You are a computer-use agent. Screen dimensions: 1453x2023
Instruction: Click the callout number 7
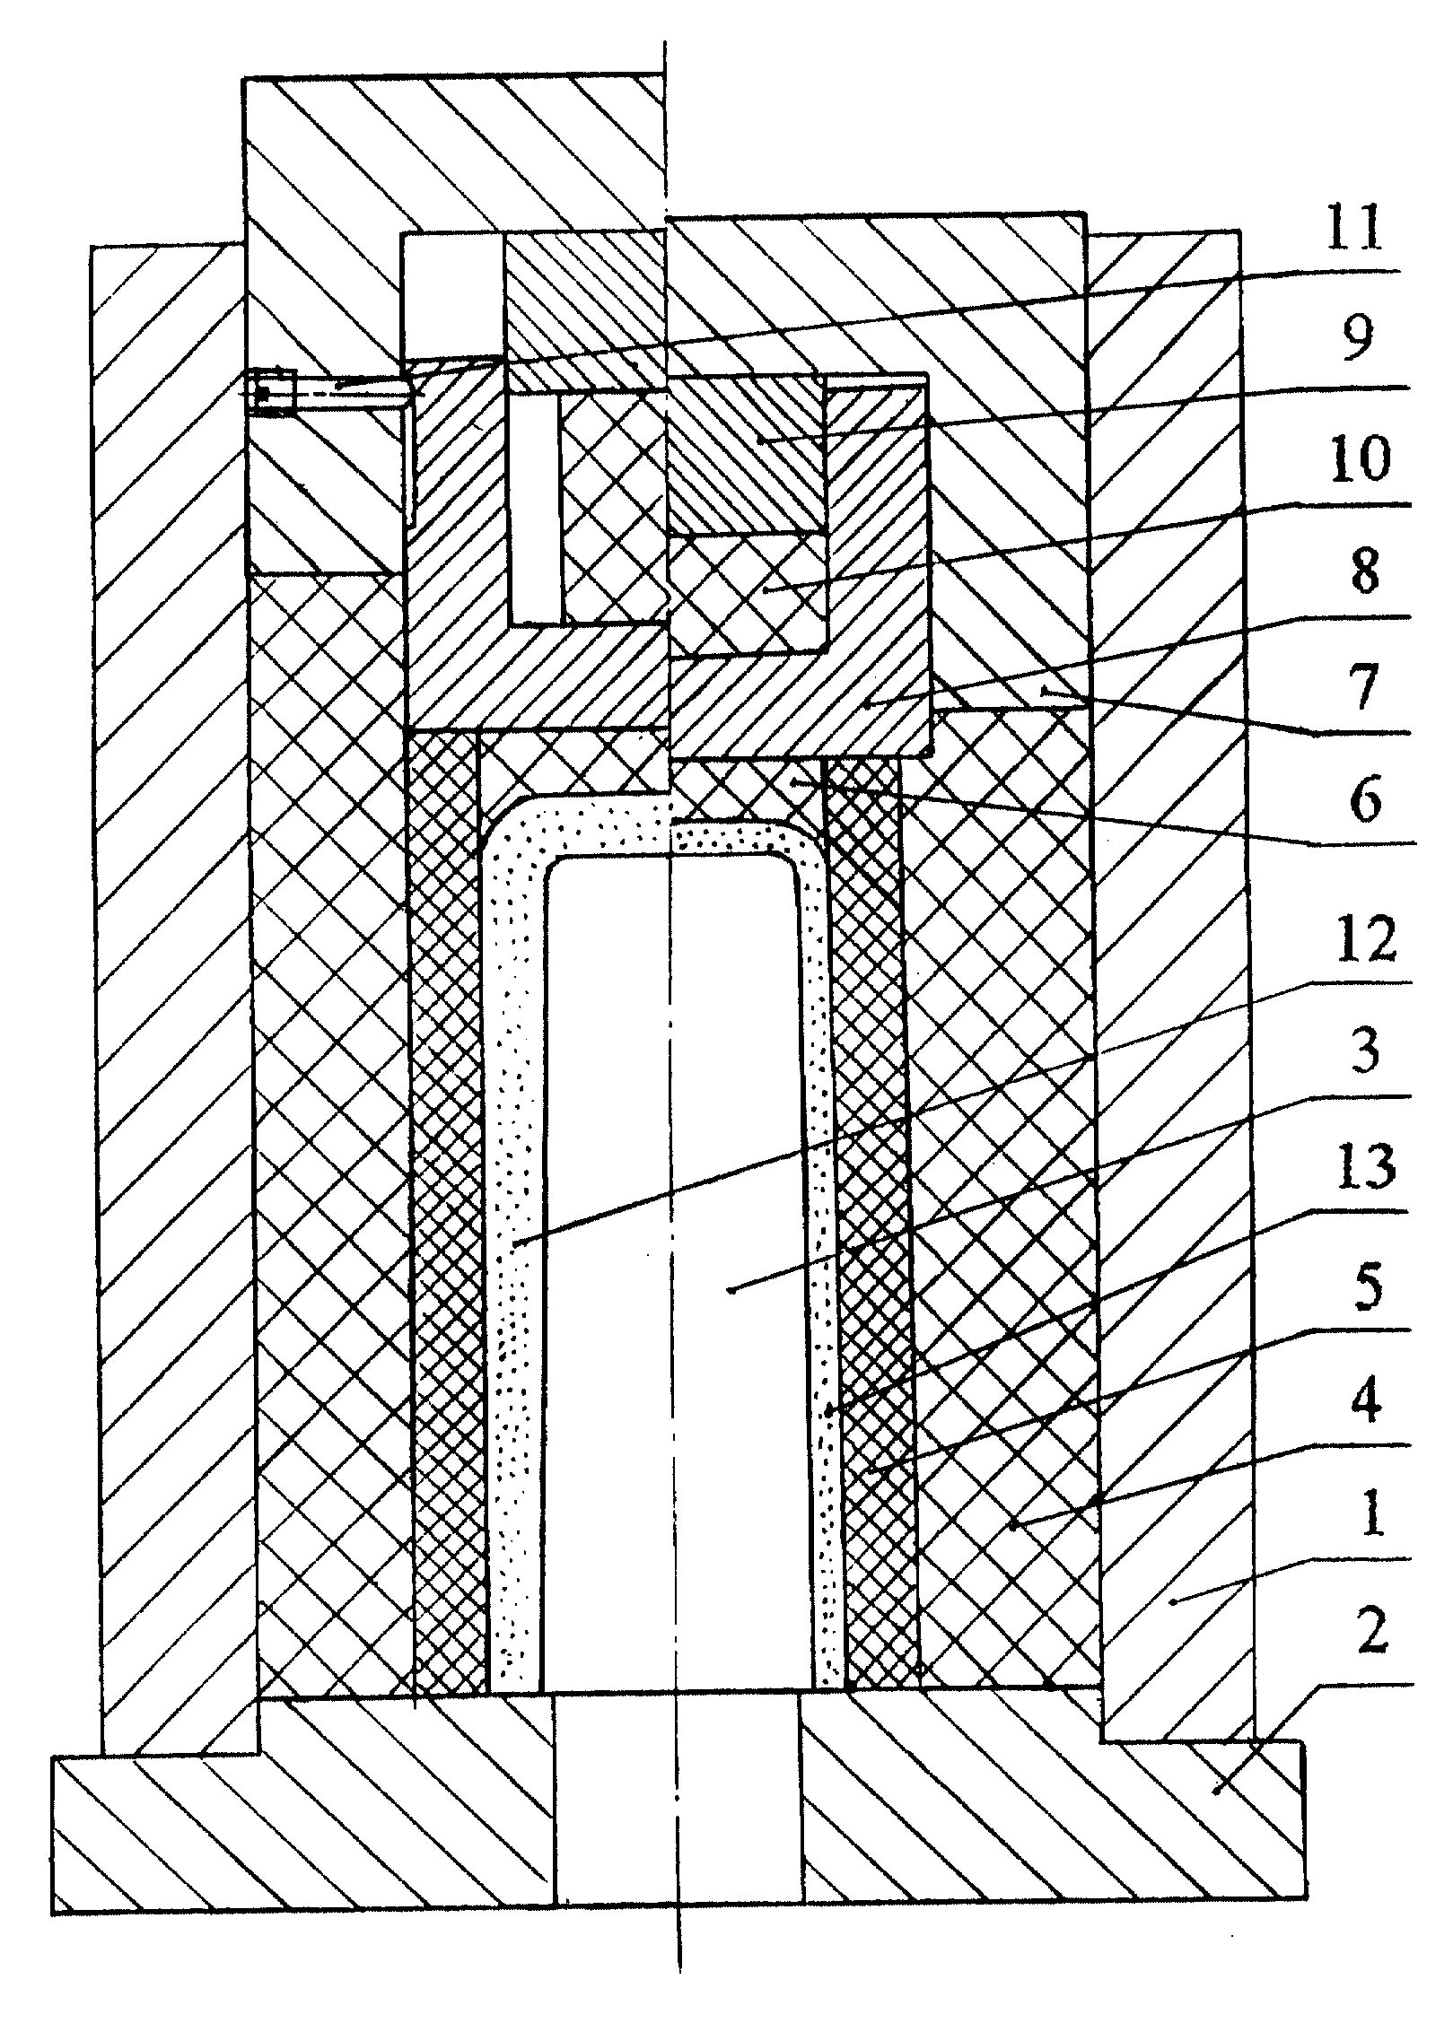click(x=1366, y=688)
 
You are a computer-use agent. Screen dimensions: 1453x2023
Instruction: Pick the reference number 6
click(x=1366, y=801)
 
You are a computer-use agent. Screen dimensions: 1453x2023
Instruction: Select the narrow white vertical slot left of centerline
click(x=536, y=509)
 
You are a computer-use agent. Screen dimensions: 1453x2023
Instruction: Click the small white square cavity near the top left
click(x=453, y=298)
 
